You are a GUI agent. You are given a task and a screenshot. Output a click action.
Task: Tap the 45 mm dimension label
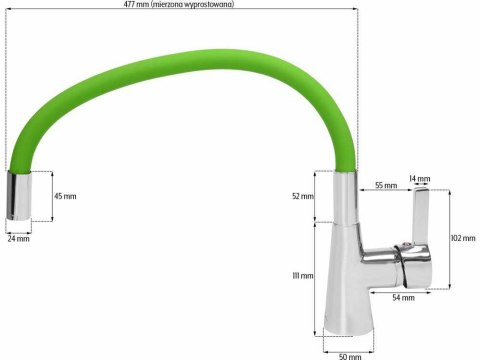tap(64, 195)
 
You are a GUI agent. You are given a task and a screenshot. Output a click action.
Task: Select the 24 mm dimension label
tap(18, 238)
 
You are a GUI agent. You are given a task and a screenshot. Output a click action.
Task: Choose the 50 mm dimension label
tap(349, 354)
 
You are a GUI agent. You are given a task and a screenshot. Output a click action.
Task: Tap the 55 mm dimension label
tap(385, 185)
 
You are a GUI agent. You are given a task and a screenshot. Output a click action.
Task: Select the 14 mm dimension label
tap(419, 179)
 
